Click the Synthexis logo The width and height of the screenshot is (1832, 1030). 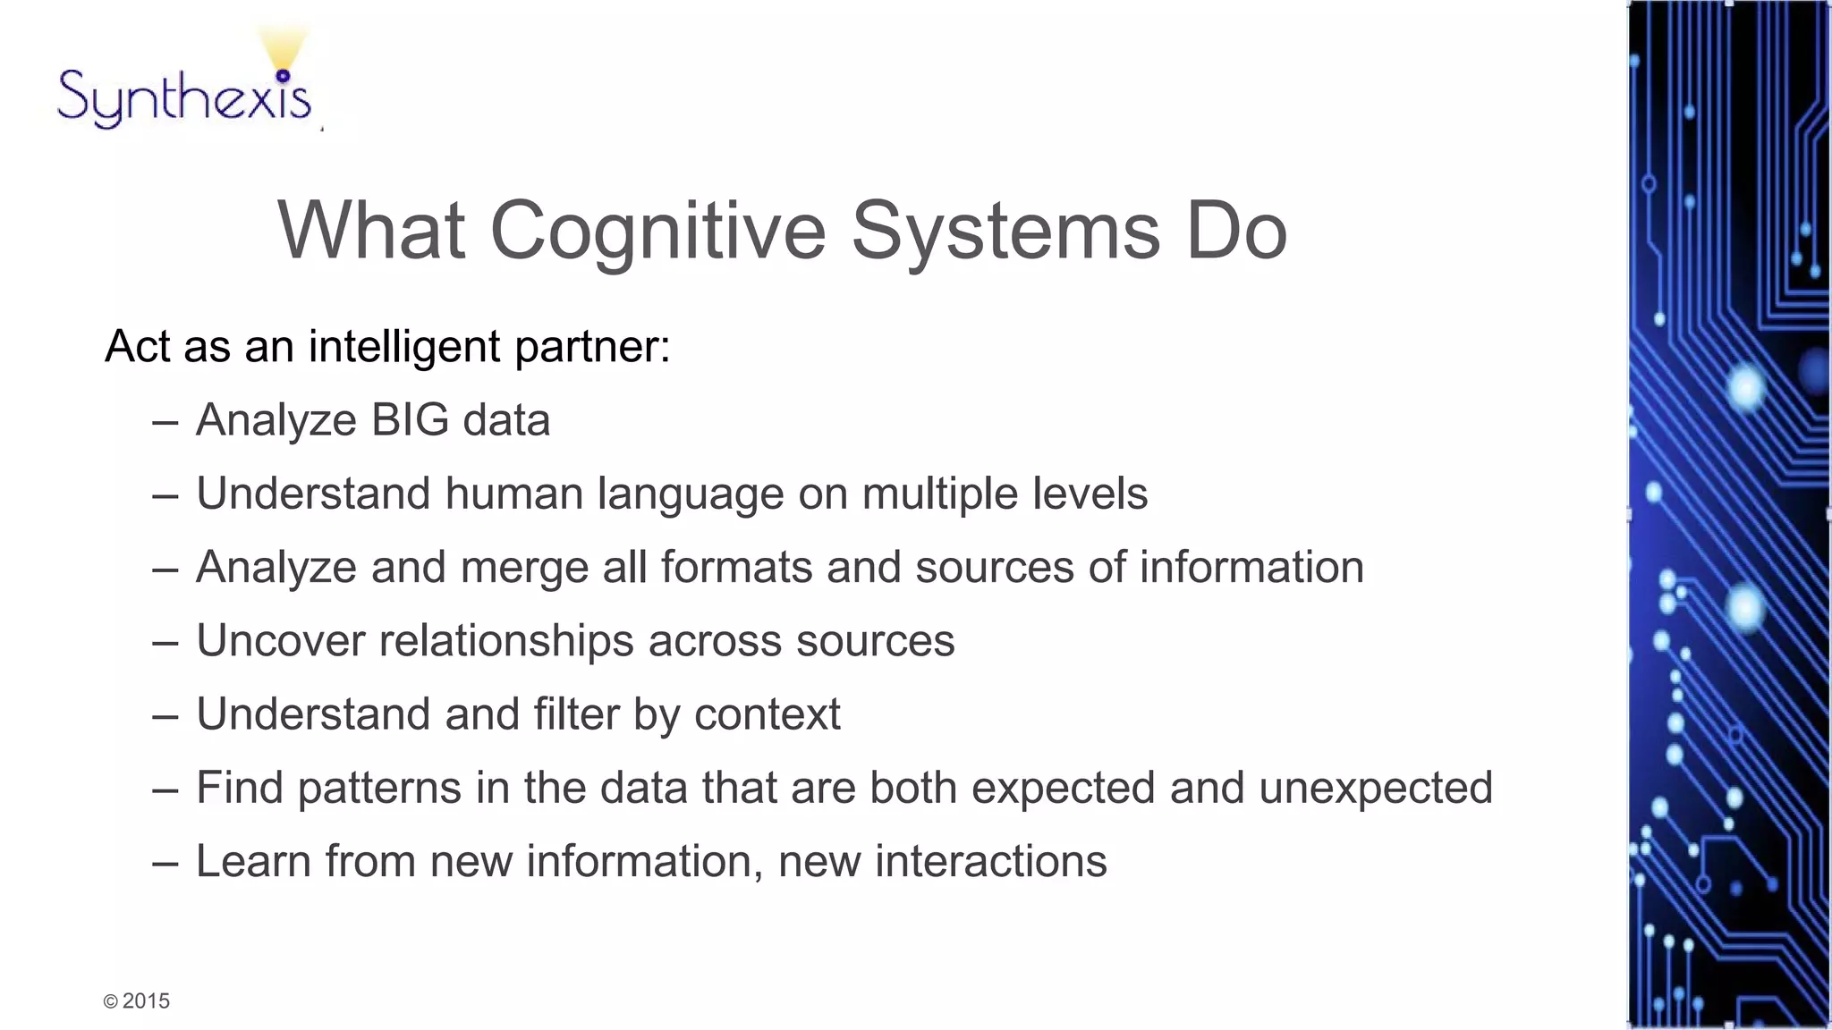(184, 94)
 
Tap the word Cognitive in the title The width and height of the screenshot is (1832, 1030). (657, 231)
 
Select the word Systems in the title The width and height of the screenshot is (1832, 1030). (1005, 231)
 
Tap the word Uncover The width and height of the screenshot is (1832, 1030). (280, 641)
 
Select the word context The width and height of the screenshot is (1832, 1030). (767, 714)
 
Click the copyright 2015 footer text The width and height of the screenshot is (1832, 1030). (137, 1001)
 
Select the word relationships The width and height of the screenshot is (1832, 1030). (506, 641)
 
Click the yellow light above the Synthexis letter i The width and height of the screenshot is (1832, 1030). (283, 49)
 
